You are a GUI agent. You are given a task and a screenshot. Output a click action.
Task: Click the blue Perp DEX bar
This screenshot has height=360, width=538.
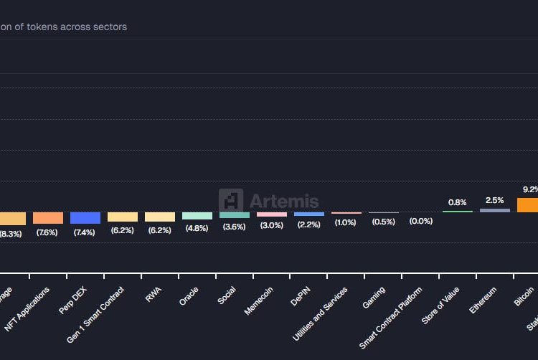(85, 217)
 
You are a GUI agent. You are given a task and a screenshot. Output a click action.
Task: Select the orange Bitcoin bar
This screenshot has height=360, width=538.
(527, 205)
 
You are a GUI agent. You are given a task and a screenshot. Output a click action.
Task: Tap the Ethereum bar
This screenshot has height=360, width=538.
(495, 210)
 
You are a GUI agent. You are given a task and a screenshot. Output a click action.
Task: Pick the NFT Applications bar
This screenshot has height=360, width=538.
(48, 217)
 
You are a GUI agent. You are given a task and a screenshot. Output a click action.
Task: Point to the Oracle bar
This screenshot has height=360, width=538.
(197, 215)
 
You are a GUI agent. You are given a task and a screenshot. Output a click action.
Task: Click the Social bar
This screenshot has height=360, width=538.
(235, 214)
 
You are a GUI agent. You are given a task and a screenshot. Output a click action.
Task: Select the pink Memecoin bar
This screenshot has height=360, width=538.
(272, 214)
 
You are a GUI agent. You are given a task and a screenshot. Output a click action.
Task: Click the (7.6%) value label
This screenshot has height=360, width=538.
(48, 232)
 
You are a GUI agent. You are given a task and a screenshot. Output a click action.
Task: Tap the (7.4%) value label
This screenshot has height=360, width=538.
(85, 232)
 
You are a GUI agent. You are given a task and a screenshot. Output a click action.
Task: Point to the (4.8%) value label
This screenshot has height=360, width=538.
(197, 228)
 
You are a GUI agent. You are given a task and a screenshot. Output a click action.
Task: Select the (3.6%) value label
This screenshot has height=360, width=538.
(235, 227)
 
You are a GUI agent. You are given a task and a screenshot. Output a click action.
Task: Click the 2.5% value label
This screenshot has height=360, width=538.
(495, 200)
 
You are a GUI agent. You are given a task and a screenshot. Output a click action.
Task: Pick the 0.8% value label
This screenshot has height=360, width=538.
(458, 202)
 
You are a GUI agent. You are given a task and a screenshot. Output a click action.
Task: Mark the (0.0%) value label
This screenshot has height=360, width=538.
(421, 222)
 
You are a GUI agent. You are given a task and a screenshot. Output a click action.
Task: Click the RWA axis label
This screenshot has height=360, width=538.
(154, 295)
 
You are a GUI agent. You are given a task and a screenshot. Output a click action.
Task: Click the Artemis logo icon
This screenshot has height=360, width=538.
(231, 201)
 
